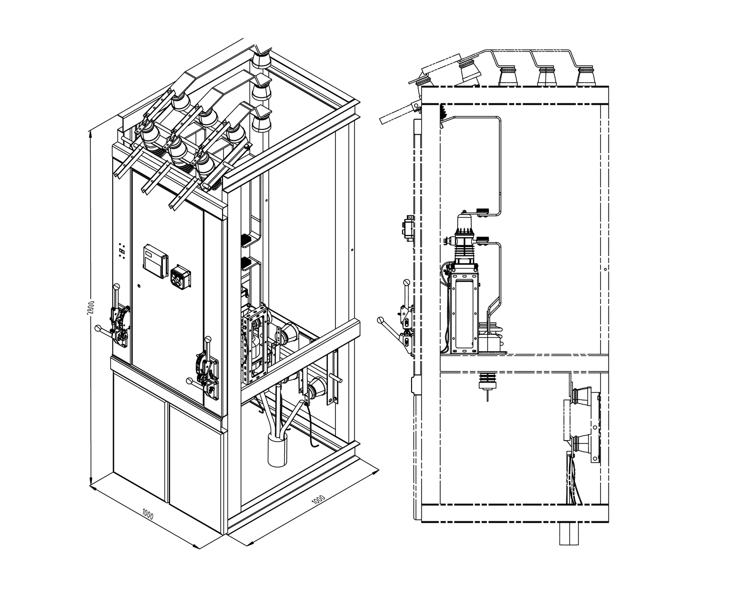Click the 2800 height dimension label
pyautogui.click(x=91, y=307)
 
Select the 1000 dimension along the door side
pyautogui.click(x=148, y=515)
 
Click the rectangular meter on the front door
pyautogui.click(x=155, y=261)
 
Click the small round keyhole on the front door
pyautogui.click(x=139, y=286)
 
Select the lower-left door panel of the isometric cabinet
pyautogui.click(x=139, y=437)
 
